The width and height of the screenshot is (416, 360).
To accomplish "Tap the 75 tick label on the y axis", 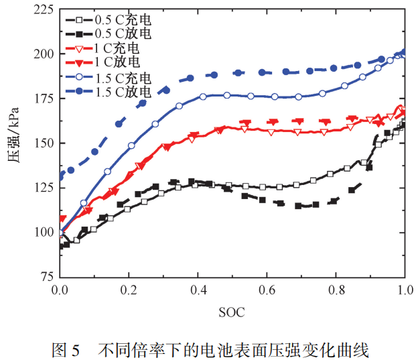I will [44, 276].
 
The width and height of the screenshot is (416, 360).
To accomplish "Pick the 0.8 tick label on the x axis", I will [335, 290].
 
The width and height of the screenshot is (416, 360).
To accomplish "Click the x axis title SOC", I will [232, 312].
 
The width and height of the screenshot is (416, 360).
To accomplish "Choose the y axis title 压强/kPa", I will [14, 143].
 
